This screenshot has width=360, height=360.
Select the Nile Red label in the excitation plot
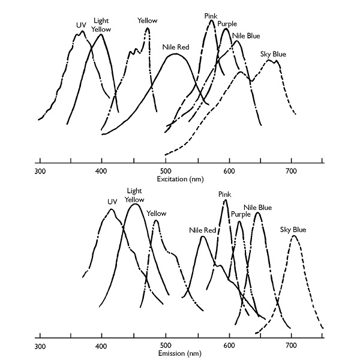pos(176,46)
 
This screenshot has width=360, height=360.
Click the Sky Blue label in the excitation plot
pos(273,54)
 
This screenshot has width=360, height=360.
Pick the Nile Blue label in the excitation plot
pos(246,35)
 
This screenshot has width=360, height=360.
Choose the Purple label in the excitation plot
pos(227,24)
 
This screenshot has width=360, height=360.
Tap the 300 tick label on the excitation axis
pos(40,172)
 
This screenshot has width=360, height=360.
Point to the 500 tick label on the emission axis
pos(165,347)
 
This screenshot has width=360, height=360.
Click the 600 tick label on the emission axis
pos(229,347)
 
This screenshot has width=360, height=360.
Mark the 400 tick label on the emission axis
pos(102,347)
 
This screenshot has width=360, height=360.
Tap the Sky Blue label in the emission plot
pos(293,229)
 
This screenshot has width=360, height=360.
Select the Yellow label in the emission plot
pos(157,214)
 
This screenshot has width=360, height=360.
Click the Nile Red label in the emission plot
pos(202,230)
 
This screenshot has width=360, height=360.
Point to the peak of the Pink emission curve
pos(226,200)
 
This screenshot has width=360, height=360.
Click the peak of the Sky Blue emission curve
pos(293,236)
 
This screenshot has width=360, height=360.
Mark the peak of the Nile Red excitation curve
pos(175,55)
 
